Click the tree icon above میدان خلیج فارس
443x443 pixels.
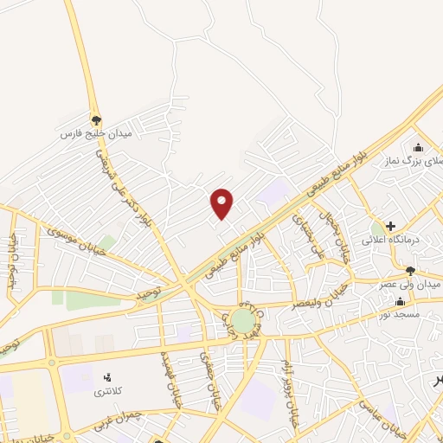pos(96,120)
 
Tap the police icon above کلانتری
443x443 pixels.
pos(108,377)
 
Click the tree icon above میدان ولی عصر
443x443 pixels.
pos(410,270)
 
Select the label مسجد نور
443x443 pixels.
pos(404,315)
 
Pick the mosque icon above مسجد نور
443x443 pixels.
pos(400,302)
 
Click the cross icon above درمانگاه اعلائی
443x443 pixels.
pos(391,225)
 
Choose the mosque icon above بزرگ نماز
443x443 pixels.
pos(419,146)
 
